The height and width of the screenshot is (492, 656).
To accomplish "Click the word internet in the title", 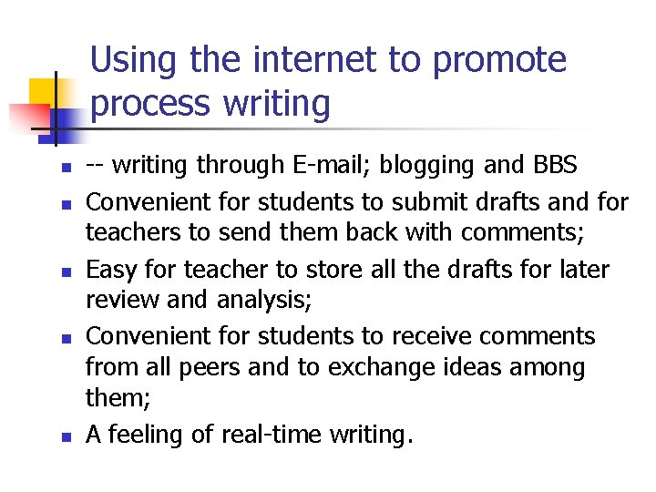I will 311,60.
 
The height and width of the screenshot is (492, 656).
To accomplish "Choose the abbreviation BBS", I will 552,166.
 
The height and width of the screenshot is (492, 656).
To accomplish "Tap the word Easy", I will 113,270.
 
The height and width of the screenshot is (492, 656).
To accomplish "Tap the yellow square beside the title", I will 44,93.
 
